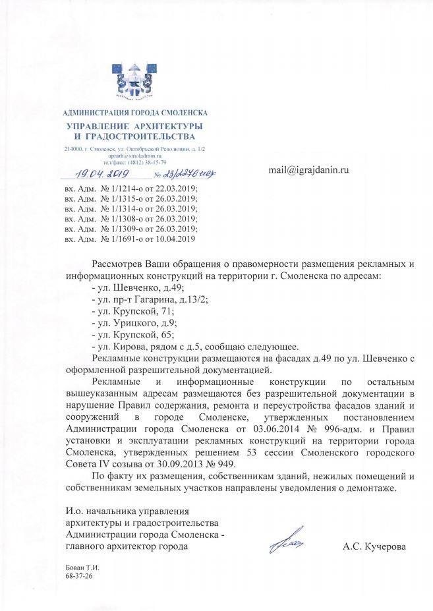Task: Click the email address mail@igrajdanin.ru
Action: tap(308, 169)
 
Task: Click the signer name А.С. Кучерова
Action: tap(374, 547)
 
